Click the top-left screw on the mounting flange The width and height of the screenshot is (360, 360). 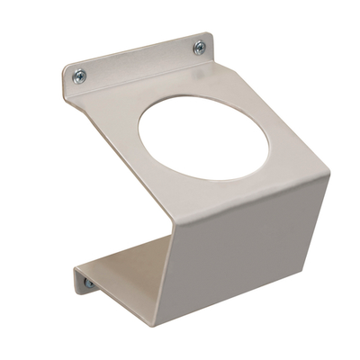click(80, 76)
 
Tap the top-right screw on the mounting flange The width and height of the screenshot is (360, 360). click(199, 47)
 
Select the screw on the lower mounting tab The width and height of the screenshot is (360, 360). click(88, 284)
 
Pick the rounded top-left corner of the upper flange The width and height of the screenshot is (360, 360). click(67, 68)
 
